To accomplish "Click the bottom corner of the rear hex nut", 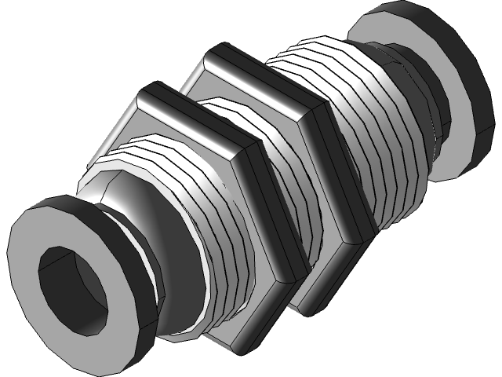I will coord(306,310).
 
